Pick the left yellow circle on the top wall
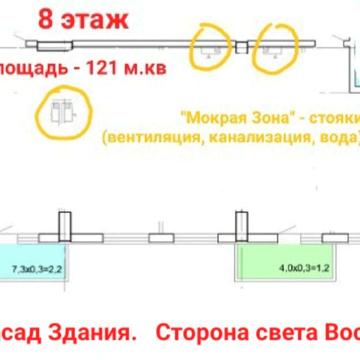coord(210,49)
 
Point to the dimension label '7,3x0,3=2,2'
coord(37,268)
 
